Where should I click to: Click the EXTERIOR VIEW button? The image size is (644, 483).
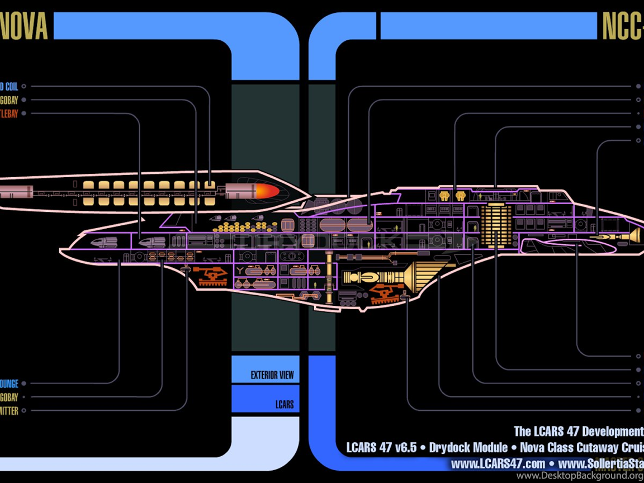(272, 375)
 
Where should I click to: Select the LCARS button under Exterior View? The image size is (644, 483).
(284, 404)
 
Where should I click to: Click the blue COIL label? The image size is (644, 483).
(9, 87)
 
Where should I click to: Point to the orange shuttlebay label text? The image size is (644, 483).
(9, 113)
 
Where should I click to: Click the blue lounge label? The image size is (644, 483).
(9, 383)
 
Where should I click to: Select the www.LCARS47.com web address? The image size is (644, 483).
(498, 464)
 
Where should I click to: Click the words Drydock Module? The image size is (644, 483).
(468, 448)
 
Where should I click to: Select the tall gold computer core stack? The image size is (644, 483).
(495, 225)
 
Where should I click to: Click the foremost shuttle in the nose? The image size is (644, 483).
(103, 243)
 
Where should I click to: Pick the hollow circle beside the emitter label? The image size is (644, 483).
(25, 411)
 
